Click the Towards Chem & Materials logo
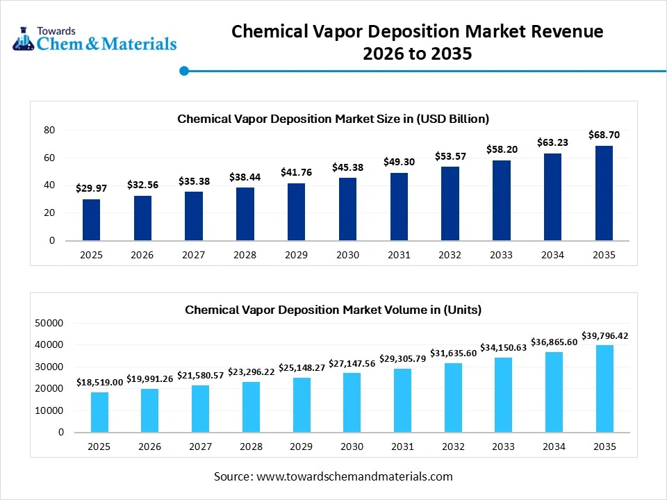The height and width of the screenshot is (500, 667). (94, 39)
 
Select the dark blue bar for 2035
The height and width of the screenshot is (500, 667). (604, 193)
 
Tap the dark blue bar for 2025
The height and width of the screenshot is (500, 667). (91, 219)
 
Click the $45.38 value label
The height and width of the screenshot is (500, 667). (348, 167)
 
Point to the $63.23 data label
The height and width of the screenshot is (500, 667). (552, 142)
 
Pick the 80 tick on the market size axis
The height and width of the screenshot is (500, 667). (49, 130)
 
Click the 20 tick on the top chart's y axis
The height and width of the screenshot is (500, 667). (49, 213)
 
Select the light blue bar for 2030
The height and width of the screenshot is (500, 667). (352, 402)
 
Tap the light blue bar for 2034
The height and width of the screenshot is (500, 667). (553, 392)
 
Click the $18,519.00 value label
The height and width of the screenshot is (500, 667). (99, 382)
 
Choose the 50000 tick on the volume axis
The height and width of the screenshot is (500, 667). (49, 323)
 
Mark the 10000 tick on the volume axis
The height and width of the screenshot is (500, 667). (49, 410)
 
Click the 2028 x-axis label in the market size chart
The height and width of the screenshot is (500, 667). (245, 255)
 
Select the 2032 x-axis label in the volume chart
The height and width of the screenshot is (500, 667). (452, 447)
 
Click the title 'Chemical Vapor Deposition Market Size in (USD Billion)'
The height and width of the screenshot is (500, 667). (333, 119)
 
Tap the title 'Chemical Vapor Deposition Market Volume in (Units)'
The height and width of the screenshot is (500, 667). (333, 310)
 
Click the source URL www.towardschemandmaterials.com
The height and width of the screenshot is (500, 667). (354, 476)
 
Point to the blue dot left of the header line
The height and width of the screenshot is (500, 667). (184, 71)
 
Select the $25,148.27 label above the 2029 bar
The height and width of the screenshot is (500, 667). (302, 367)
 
